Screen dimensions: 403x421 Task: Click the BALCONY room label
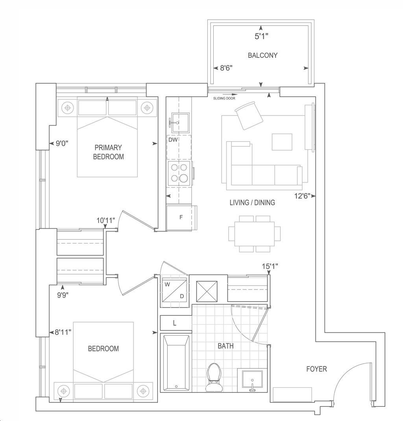pos(263,55)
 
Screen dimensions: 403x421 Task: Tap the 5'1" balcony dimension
pos(261,36)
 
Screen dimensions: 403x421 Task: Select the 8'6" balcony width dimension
pos(226,68)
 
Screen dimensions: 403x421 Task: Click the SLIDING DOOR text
pos(224,98)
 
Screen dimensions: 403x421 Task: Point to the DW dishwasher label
pos(173,140)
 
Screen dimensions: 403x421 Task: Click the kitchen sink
pos(180,122)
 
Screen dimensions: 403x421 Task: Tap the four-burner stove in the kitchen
pos(179,173)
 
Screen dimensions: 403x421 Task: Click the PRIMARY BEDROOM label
pos(109,152)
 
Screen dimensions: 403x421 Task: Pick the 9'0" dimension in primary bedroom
pos(62,143)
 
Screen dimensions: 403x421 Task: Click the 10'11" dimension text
pos(106,220)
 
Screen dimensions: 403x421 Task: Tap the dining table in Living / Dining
pos(255,234)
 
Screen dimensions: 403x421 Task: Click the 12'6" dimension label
pos(303,196)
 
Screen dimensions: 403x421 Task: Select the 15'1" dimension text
pos(270,266)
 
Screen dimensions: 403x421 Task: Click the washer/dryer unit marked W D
pos(174,290)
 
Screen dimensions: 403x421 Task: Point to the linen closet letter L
pos(174,323)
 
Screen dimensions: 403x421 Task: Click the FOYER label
pos(316,369)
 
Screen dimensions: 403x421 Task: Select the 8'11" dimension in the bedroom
pos(63,332)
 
